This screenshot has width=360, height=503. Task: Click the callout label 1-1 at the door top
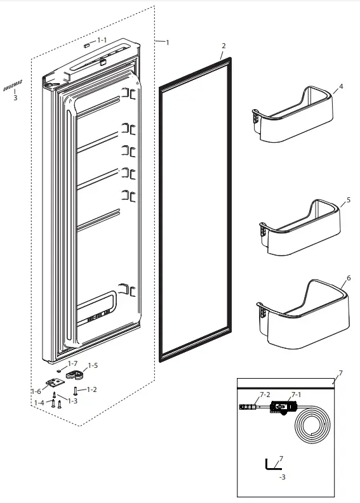click(102, 40)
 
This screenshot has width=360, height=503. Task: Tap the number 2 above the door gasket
click(223, 46)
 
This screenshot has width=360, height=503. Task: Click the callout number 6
click(348, 278)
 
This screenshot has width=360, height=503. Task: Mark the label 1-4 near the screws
click(39, 402)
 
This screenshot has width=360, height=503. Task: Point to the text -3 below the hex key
click(282, 476)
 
